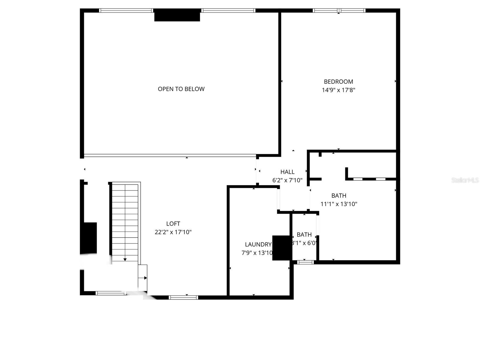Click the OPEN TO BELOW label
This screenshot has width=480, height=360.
[x=181, y=89]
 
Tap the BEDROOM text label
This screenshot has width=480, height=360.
[x=338, y=82]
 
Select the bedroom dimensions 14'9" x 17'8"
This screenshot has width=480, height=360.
[x=338, y=90]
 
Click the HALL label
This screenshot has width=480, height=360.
[x=287, y=172]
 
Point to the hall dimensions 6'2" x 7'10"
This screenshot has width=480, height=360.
[x=287, y=180]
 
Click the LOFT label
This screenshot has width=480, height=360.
[x=173, y=223]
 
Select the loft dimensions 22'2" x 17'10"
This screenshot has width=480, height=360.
[x=173, y=232]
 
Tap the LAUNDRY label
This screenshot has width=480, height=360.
[x=258, y=244]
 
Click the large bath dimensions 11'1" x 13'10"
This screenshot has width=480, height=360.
[x=339, y=204]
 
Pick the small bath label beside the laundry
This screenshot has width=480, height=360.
[x=304, y=235]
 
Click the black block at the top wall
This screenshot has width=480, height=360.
[x=177, y=15]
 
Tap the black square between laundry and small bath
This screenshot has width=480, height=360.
[x=282, y=248]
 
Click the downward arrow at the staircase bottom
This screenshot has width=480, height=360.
[x=125, y=259]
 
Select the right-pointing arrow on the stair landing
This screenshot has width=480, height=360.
[x=145, y=278]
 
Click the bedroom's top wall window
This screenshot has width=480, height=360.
[x=339, y=11]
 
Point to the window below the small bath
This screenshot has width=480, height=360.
[x=305, y=262]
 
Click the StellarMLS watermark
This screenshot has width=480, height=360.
[x=465, y=180]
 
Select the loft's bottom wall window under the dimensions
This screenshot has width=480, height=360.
[x=183, y=297]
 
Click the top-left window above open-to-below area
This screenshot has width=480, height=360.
[x=126, y=10]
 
